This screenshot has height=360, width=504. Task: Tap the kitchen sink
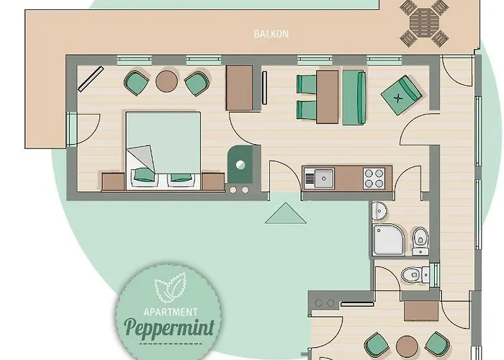320,176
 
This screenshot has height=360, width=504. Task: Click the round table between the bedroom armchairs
167,81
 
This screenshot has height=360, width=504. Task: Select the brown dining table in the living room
328,96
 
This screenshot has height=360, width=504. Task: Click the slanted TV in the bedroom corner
91,78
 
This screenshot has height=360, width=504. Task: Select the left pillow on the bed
144,174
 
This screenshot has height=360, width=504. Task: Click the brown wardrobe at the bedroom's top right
240,88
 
